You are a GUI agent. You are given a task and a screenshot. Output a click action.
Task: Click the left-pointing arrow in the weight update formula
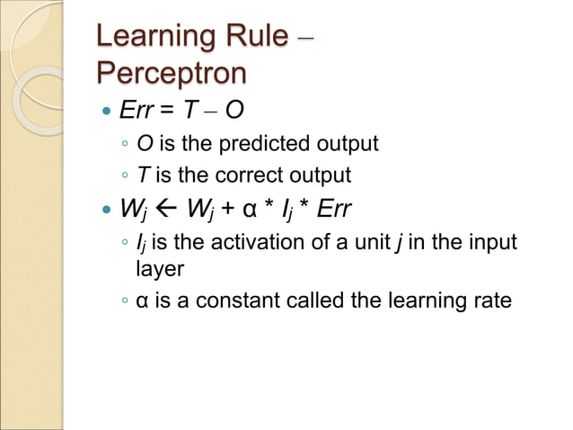pyautogui.click(x=164, y=211)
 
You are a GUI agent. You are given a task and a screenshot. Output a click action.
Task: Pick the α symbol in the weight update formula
pyautogui.click(x=247, y=211)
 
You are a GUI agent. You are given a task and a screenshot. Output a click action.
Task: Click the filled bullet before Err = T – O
pyautogui.click(x=107, y=112)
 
